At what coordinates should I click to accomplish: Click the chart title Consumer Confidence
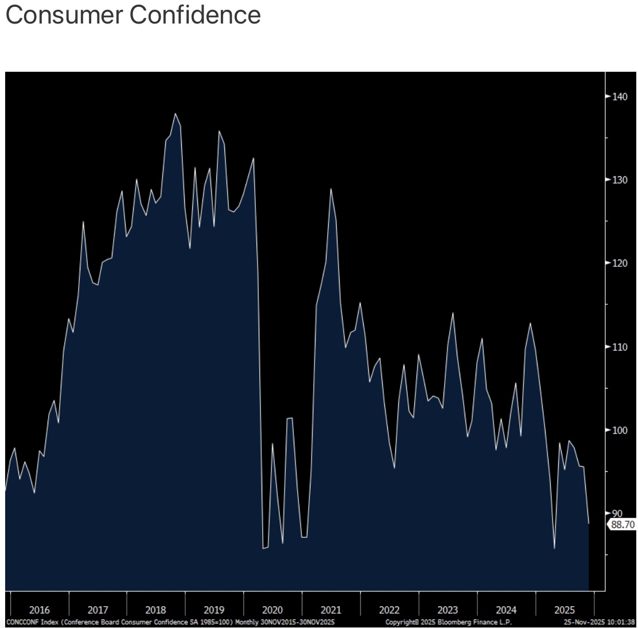click(133, 15)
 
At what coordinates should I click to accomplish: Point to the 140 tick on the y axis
click(620, 96)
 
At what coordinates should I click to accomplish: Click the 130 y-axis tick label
click(620, 180)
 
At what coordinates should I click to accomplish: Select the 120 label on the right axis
click(620, 263)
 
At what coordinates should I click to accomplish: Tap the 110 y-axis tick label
click(620, 347)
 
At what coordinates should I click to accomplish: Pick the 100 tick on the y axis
click(620, 430)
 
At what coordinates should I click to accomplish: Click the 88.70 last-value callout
click(623, 524)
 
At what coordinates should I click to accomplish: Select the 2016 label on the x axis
click(40, 610)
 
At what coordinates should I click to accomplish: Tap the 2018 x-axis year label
click(156, 610)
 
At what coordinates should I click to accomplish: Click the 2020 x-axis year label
click(273, 610)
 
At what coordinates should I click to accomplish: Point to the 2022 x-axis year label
click(389, 610)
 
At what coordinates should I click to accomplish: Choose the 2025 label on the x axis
click(565, 610)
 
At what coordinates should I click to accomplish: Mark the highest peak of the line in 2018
click(175, 114)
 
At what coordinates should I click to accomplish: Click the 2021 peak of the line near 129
click(330, 189)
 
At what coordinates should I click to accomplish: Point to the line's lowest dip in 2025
click(554, 548)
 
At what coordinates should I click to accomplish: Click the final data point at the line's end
click(589, 524)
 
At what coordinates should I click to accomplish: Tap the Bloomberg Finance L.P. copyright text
click(449, 622)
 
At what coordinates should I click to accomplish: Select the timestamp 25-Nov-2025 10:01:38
click(599, 622)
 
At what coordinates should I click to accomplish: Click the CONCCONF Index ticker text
click(31, 622)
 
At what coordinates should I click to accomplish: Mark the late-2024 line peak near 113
click(530, 323)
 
